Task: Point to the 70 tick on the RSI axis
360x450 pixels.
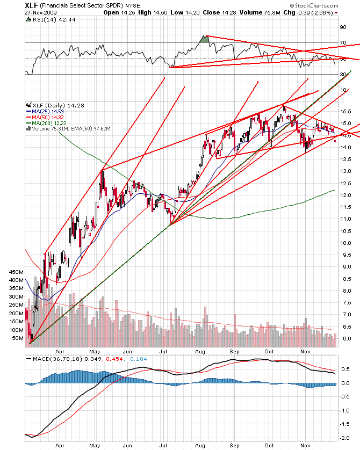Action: [342, 42]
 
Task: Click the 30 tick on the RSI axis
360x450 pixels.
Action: [342, 74]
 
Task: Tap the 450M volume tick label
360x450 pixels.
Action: [17, 272]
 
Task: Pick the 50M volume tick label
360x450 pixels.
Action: [19, 338]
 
